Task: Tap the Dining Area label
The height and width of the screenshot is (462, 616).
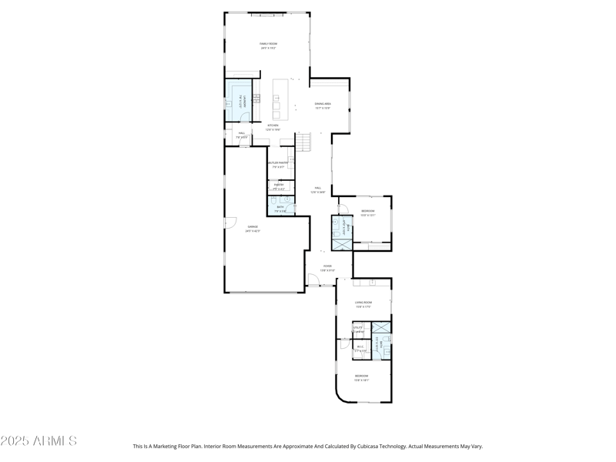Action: [x=323, y=105]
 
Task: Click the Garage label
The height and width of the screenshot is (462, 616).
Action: [x=252, y=229]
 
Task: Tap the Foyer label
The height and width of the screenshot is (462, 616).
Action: [x=327, y=268]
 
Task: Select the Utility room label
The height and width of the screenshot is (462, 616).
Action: [x=358, y=330]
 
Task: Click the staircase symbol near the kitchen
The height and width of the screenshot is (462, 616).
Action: [x=305, y=142]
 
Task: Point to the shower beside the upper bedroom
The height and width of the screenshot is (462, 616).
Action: [x=340, y=243]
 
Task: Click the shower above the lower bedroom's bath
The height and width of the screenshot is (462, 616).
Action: [x=381, y=327]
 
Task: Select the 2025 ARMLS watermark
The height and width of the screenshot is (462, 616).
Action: [x=38, y=441]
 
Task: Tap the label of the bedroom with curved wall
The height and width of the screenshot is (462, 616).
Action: [x=362, y=378]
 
